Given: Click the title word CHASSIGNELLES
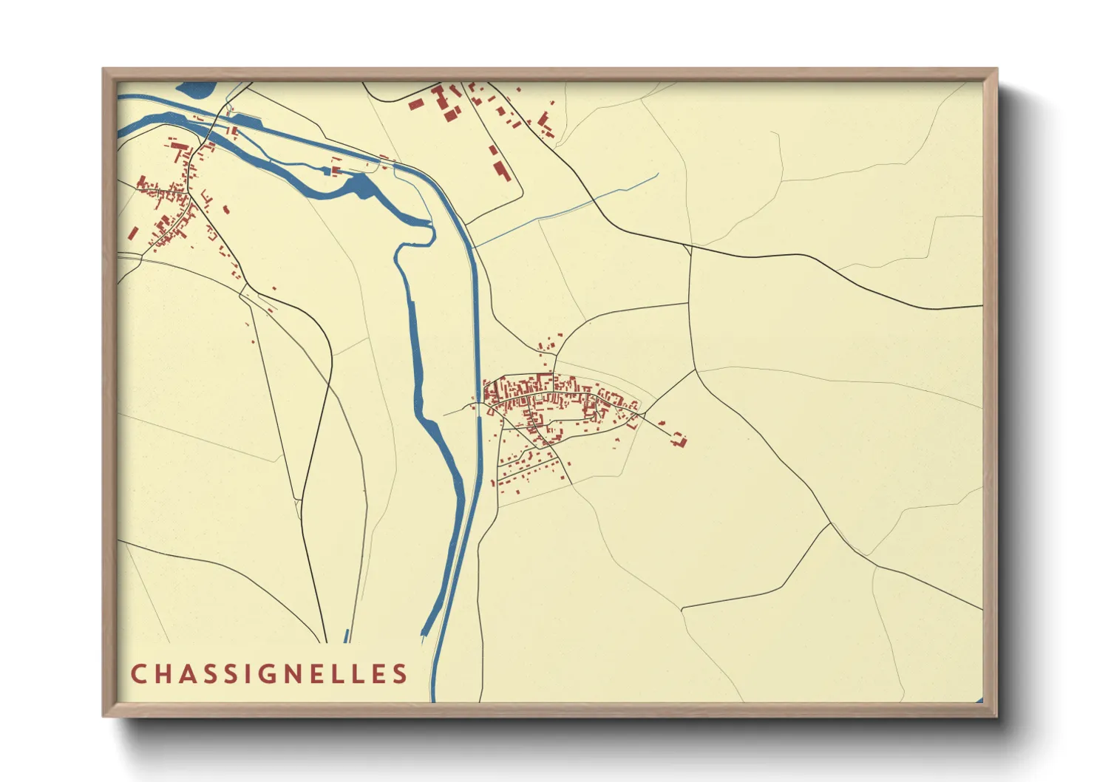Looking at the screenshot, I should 269,673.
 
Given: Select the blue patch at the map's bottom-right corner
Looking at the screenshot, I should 979,699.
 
